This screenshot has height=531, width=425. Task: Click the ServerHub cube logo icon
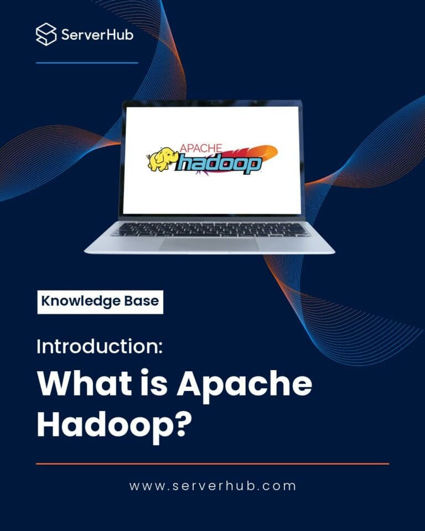pos(46,34)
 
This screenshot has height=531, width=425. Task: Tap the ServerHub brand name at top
pos(97,35)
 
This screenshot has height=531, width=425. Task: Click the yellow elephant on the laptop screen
pos(161,158)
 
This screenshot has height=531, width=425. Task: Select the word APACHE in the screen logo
pos(200,148)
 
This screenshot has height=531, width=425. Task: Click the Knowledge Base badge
pos(100,302)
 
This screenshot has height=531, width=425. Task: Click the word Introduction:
pos(100,347)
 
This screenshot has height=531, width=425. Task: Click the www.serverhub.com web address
pos(212,486)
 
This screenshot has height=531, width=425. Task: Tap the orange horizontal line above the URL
pos(212,464)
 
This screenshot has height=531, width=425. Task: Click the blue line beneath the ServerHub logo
pos(87,63)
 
